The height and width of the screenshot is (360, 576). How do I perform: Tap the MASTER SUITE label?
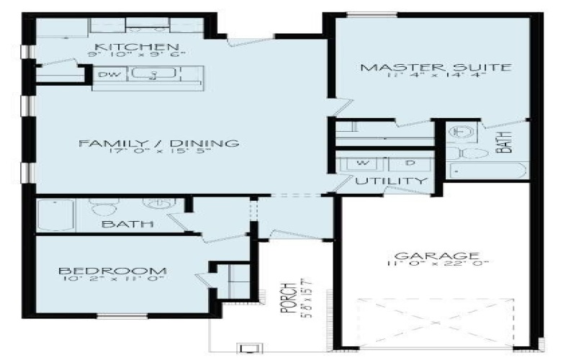click(x=436, y=68)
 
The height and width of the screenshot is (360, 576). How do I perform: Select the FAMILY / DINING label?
click(x=158, y=143)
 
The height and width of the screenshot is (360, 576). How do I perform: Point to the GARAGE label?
click(x=436, y=256)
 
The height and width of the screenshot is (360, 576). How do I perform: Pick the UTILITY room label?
click(x=391, y=181)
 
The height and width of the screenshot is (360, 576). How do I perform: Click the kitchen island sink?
click(x=153, y=74)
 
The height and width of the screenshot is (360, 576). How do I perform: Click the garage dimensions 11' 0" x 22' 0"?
click(x=436, y=265)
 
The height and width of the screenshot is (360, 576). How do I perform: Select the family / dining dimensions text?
click(x=158, y=153)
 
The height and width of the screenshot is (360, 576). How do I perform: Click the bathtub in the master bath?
click(x=487, y=171)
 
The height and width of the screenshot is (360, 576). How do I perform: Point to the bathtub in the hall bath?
click(x=55, y=214)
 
